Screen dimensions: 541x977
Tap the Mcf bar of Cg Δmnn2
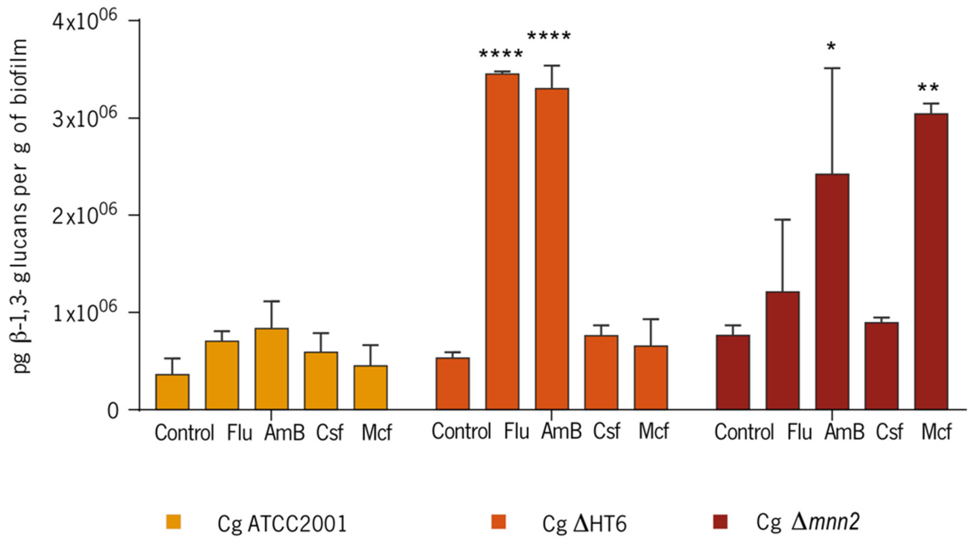click(x=931, y=261)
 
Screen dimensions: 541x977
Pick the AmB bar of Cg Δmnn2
click(x=832, y=292)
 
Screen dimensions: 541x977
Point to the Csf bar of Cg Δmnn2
click(x=881, y=366)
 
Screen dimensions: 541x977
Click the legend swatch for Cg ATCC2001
click(x=173, y=522)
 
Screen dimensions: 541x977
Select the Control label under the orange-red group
click(x=461, y=432)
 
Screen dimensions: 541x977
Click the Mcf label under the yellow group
click(x=376, y=432)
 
